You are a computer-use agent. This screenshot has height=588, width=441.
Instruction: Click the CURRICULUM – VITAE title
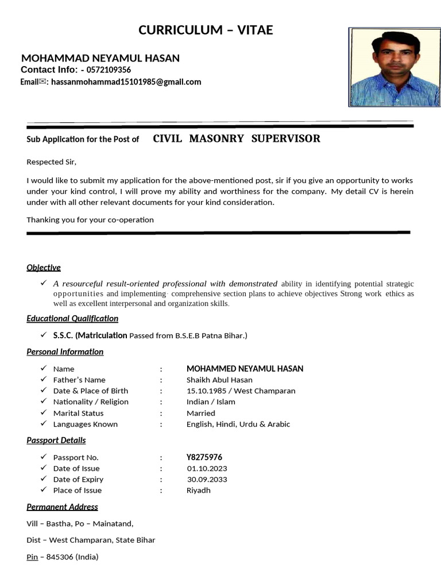pos(206,30)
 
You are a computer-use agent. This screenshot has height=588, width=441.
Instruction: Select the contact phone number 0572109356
pos(109,70)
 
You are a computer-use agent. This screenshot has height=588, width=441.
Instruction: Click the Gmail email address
pos(126,82)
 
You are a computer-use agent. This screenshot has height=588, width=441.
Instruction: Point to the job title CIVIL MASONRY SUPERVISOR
pos(237,139)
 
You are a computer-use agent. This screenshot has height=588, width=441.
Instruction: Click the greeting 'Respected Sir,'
pos(51,162)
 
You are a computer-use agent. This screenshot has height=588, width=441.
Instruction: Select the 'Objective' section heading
pos(44,268)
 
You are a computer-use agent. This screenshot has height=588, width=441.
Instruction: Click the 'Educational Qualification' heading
pos(72,319)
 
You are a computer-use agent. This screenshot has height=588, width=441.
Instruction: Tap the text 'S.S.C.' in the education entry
pos(63,335)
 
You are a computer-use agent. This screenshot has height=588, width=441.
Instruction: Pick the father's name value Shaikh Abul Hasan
pos(219,380)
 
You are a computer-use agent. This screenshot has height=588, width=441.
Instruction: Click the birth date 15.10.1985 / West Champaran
pos(241,391)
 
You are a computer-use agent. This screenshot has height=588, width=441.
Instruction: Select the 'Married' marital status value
pos(200,413)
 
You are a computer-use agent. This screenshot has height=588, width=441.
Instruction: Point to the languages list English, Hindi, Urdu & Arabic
pos(238,424)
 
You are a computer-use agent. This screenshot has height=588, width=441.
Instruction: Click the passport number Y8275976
pos(204,458)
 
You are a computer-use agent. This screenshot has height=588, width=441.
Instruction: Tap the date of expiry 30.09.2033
pos(207,479)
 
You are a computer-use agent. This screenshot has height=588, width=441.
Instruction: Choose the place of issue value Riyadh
pos(198,490)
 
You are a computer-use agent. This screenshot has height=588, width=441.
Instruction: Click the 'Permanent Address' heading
pos(62,507)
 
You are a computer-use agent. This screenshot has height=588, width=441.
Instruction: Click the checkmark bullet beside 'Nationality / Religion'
pos(44,402)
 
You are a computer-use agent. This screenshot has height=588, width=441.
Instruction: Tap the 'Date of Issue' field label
pos(76,469)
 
